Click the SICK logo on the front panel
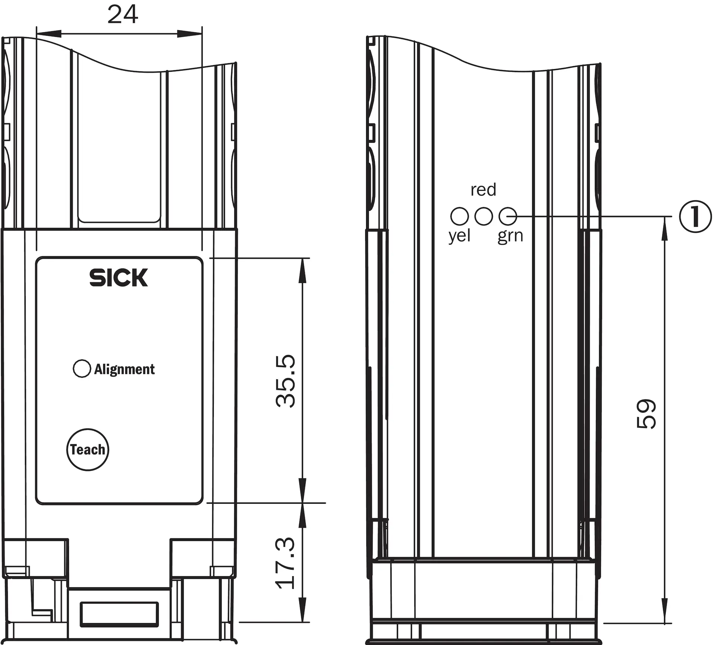pyautogui.click(x=119, y=278)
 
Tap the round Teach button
pyautogui.click(x=88, y=449)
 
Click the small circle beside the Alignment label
pyautogui.click(x=82, y=369)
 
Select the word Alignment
pyautogui.click(x=124, y=370)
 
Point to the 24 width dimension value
pyautogui.click(x=123, y=14)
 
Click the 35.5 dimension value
pyautogui.click(x=286, y=381)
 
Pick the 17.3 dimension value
pyautogui.click(x=286, y=563)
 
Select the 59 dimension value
pyautogui.click(x=646, y=414)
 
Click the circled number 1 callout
pyautogui.click(x=695, y=216)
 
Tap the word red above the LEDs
pyautogui.click(x=483, y=190)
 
